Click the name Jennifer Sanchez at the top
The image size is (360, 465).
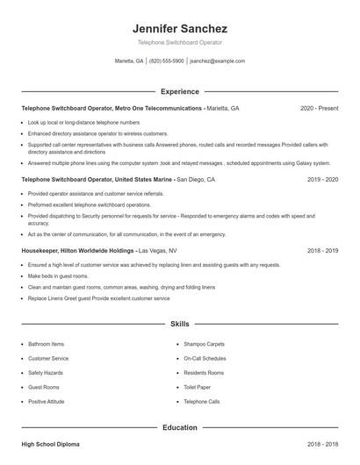tap(180, 29)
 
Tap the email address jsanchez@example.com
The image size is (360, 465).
tap(217, 61)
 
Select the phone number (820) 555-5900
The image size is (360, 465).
tap(167, 61)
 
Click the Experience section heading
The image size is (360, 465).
tap(180, 91)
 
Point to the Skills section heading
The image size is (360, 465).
tap(180, 324)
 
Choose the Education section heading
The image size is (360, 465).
tap(180, 427)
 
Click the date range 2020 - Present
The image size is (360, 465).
tap(319, 108)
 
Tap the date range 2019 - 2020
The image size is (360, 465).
tap(322, 179)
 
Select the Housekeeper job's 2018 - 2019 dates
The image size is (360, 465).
tap(322, 250)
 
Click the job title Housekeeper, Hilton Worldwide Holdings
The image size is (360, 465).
tap(77, 250)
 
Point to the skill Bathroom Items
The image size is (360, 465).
tap(46, 344)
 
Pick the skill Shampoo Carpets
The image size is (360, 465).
tap(205, 344)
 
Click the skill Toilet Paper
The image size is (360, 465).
tap(198, 387)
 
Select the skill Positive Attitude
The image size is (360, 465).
tap(47, 401)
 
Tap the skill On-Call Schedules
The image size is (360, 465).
tap(205, 358)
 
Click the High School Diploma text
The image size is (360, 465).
tap(50, 446)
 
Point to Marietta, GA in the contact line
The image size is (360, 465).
tap(129, 61)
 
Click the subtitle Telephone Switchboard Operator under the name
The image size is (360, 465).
tap(180, 42)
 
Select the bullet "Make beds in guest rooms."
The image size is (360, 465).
tap(64, 275)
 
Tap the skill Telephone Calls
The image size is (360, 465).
tap(202, 401)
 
